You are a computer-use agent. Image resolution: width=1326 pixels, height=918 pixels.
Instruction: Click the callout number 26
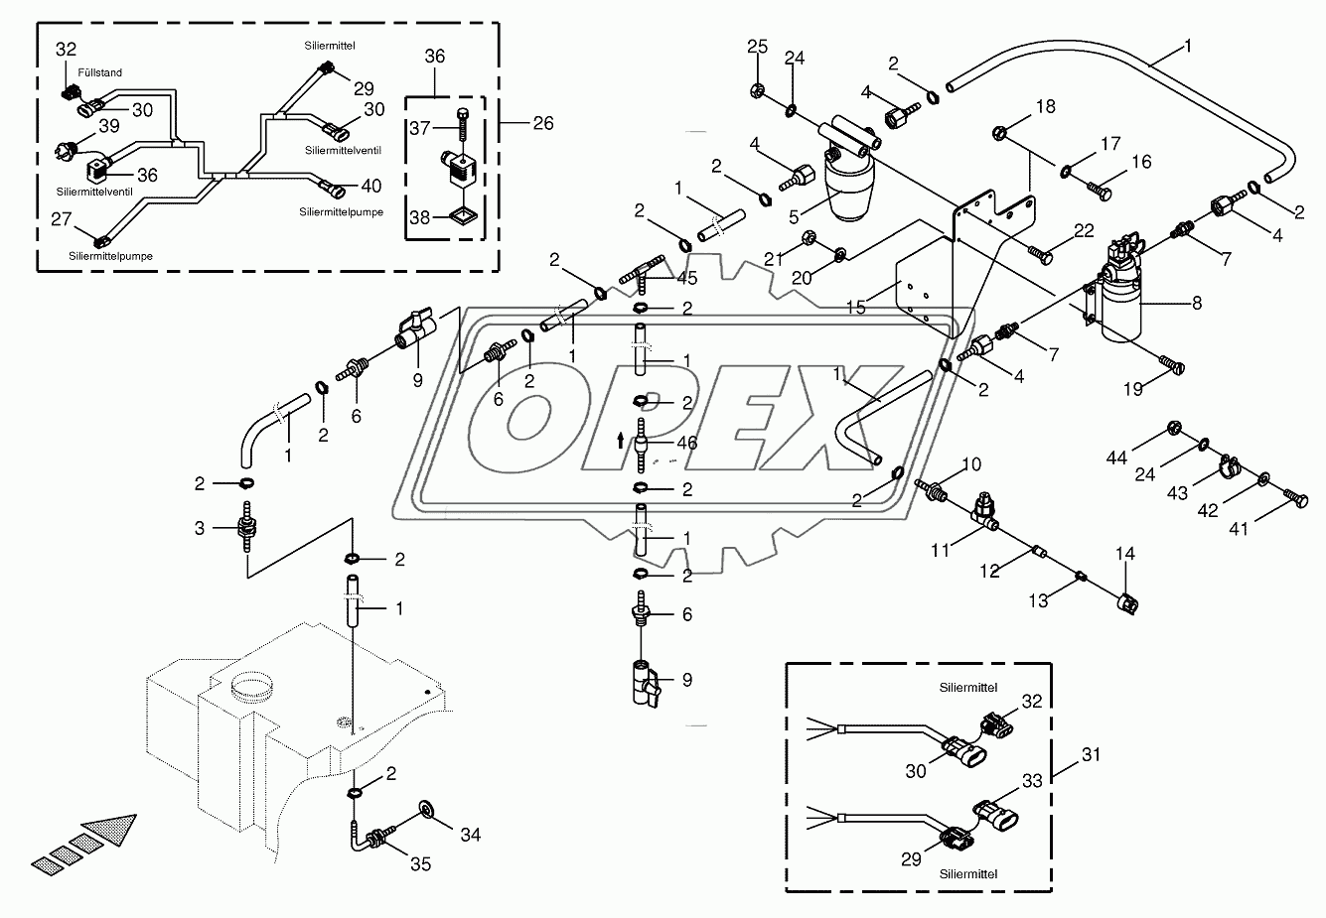[541, 124]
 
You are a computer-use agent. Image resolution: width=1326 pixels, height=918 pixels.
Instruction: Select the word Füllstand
[97, 72]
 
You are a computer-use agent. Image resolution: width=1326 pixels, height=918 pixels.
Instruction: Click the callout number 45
[686, 278]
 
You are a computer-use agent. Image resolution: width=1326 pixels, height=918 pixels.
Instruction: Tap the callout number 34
[469, 835]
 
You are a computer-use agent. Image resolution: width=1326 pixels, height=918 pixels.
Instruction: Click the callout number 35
[421, 863]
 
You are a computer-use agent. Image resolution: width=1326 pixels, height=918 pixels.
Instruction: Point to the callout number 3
[202, 529]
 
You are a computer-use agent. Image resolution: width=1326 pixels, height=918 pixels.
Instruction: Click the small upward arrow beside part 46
[622, 438]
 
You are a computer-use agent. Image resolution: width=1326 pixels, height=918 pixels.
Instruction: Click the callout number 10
[970, 464]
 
